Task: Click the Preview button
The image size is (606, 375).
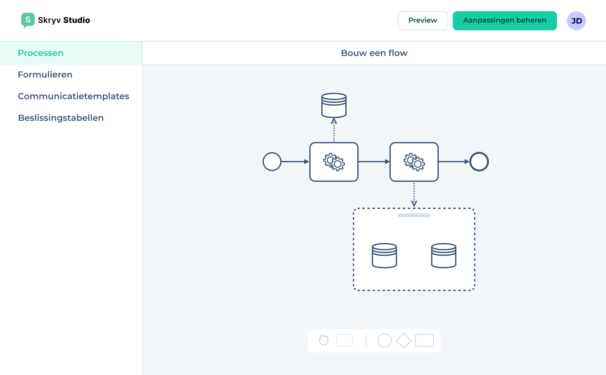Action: (x=422, y=21)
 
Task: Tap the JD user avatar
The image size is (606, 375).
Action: (x=576, y=21)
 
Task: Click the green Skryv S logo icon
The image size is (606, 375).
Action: (x=28, y=20)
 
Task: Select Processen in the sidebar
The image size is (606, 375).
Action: (x=41, y=53)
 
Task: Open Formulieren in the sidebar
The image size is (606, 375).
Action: (x=45, y=74)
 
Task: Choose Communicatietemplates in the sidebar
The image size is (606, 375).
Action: (x=73, y=96)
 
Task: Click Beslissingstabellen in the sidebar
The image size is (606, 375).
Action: (x=61, y=118)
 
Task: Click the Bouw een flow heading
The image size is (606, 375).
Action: (x=374, y=53)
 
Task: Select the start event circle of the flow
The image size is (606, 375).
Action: (x=272, y=162)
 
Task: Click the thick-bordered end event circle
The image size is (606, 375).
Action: (x=479, y=162)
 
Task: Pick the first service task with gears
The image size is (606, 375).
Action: (x=334, y=162)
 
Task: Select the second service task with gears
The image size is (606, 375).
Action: (x=414, y=162)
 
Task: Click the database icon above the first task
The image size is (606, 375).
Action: (x=334, y=105)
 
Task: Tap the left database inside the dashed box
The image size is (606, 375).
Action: (x=384, y=255)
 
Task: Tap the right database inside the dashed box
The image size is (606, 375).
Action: (x=443, y=255)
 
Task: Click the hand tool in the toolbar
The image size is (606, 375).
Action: (x=324, y=340)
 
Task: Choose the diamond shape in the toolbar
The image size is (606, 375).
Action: (x=403, y=341)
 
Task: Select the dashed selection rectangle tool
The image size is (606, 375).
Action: (x=344, y=340)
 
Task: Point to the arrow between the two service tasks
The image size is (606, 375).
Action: (x=374, y=162)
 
